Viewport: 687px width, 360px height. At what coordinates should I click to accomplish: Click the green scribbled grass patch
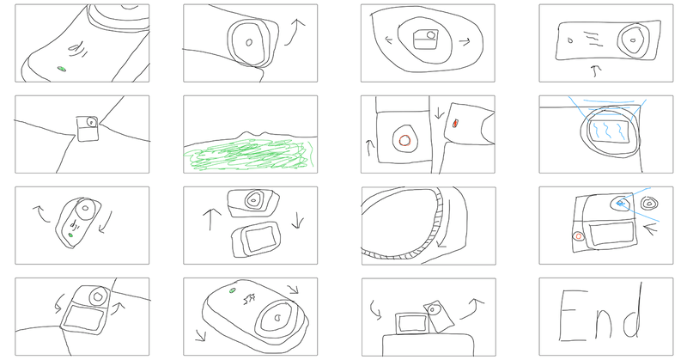[x=248, y=155]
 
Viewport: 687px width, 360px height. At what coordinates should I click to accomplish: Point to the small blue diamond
[x=619, y=203]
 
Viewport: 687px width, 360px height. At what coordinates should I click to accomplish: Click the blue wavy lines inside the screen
[x=610, y=131]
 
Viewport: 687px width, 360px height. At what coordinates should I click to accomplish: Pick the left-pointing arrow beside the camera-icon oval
[x=389, y=40]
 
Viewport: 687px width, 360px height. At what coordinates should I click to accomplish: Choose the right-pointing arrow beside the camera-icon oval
[x=465, y=41]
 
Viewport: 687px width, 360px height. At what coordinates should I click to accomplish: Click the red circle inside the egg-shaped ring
[x=404, y=141]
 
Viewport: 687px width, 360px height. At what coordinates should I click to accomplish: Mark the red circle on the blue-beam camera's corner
[x=578, y=236]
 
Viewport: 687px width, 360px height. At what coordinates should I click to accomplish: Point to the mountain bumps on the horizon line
[x=250, y=134]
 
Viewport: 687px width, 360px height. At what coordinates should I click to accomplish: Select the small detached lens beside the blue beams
[x=649, y=204]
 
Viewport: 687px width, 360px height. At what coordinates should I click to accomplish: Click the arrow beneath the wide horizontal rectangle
[x=594, y=70]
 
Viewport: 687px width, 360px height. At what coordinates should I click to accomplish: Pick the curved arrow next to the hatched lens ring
[x=446, y=228]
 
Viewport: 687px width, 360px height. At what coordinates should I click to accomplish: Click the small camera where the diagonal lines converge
[x=88, y=128]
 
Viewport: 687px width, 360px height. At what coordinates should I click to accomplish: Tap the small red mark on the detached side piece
[x=455, y=123]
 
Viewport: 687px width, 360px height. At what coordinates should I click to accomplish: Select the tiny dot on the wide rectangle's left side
[x=570, y=40]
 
